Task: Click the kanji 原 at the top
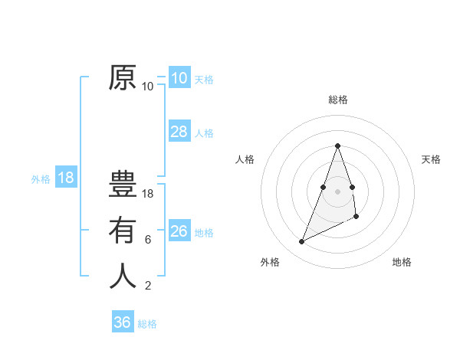click(123, 78)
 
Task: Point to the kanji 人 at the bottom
click(123, 276)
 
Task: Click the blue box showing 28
click(179, 132)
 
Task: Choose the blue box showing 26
click(179, 231)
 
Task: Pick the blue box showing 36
click(122, 322)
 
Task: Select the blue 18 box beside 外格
click(66, 178)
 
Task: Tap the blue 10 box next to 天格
click(179, 78)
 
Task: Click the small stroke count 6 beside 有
click(148, 240)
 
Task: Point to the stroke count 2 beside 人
click(148, 286)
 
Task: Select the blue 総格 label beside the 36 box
click(147, 324)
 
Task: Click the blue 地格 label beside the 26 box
click(204, 233)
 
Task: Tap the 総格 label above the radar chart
click(337, 100)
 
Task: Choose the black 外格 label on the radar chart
click(269, 262)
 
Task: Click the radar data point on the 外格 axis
click(302, 242)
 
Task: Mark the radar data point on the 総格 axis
click(337, 146)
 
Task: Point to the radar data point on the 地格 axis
click(356, 217)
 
